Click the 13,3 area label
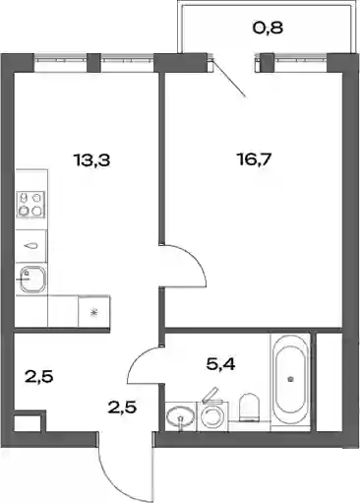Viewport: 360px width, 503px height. coord(92,160)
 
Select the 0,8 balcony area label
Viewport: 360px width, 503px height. coord(268,28)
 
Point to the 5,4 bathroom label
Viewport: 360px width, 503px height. coord(220,364)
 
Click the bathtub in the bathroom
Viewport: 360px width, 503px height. coord(290,380)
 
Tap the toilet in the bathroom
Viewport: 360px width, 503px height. coord(250,407)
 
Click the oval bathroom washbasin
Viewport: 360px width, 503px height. coord(180,417)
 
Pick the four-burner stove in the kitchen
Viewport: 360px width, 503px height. coord(31,205)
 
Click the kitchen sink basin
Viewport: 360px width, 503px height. coord(32,280)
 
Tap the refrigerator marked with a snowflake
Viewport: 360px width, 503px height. coord(94,311)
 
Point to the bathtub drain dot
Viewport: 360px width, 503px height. coord(290,380)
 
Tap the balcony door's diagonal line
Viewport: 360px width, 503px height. coord(229,79)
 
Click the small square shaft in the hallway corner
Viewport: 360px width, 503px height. coord(27,423)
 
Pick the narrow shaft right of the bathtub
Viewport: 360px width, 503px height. coord(329,382)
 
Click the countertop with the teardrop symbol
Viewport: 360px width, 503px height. coord(31,246)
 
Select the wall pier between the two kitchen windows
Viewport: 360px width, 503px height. coord(93,62)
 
